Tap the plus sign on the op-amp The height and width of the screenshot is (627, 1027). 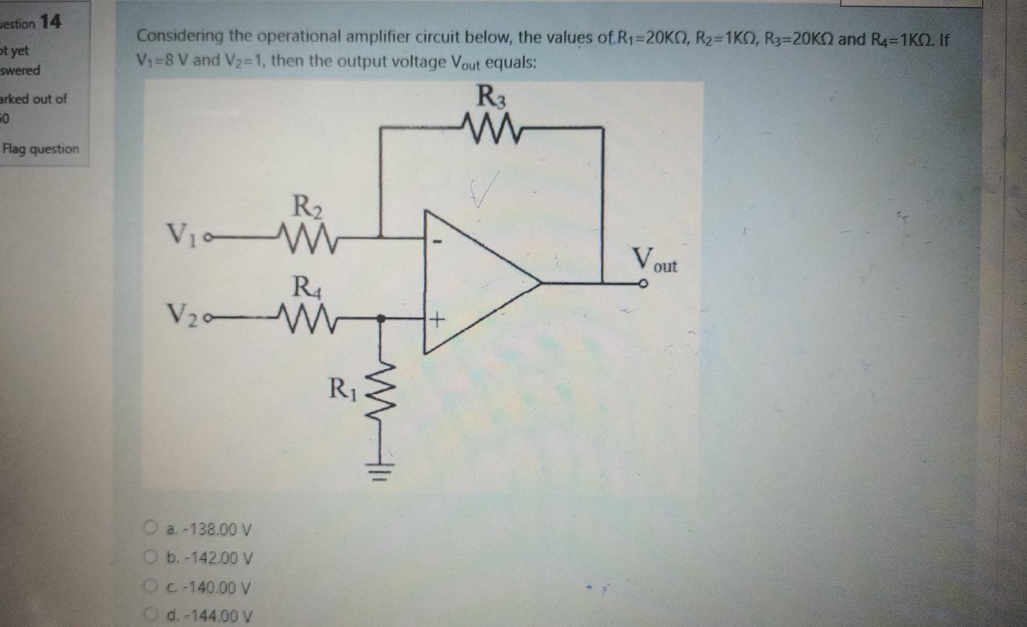(437, 319)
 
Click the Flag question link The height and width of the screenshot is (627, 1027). (41, 149)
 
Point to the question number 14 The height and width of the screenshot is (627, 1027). (51, 22)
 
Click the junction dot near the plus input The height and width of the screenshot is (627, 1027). (381, 318)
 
